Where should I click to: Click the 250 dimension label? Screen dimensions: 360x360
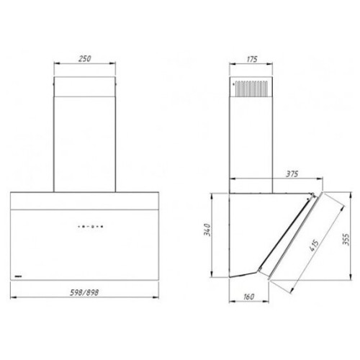point(85,58)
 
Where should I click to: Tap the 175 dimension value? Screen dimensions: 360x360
point(252,59)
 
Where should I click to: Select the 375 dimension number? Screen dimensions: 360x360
point(292,174)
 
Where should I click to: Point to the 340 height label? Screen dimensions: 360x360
point(207,230)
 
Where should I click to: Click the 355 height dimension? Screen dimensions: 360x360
point(346,239)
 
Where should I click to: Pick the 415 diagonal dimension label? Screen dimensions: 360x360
point(314,246)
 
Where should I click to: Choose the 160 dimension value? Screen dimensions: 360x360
point(248,297)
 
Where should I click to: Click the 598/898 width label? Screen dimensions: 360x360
point(84,292)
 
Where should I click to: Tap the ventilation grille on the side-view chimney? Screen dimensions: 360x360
point(251,89)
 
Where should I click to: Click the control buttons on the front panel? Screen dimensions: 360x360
point(91,226)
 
